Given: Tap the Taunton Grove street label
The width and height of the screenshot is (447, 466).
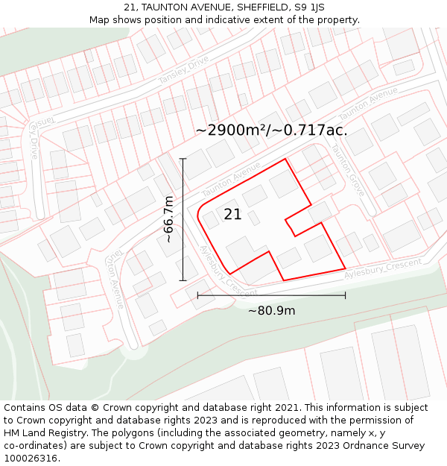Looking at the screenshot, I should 348,170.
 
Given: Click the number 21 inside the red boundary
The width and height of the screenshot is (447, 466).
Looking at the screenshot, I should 232,215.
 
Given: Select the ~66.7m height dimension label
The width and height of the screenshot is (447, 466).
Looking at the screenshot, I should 169,219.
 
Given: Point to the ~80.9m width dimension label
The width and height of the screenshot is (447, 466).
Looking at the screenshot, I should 271,310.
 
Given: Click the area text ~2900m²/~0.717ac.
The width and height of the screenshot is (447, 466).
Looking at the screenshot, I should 271,130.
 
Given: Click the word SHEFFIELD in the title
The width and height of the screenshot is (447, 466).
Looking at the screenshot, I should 261,7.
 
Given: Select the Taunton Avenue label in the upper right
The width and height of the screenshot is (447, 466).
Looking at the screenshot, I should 368,104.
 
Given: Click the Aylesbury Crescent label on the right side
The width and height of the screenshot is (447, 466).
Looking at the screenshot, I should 382,269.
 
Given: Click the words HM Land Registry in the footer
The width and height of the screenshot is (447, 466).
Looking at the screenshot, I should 44,433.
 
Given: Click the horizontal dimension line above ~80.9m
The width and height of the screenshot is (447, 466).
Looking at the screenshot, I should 271,295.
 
